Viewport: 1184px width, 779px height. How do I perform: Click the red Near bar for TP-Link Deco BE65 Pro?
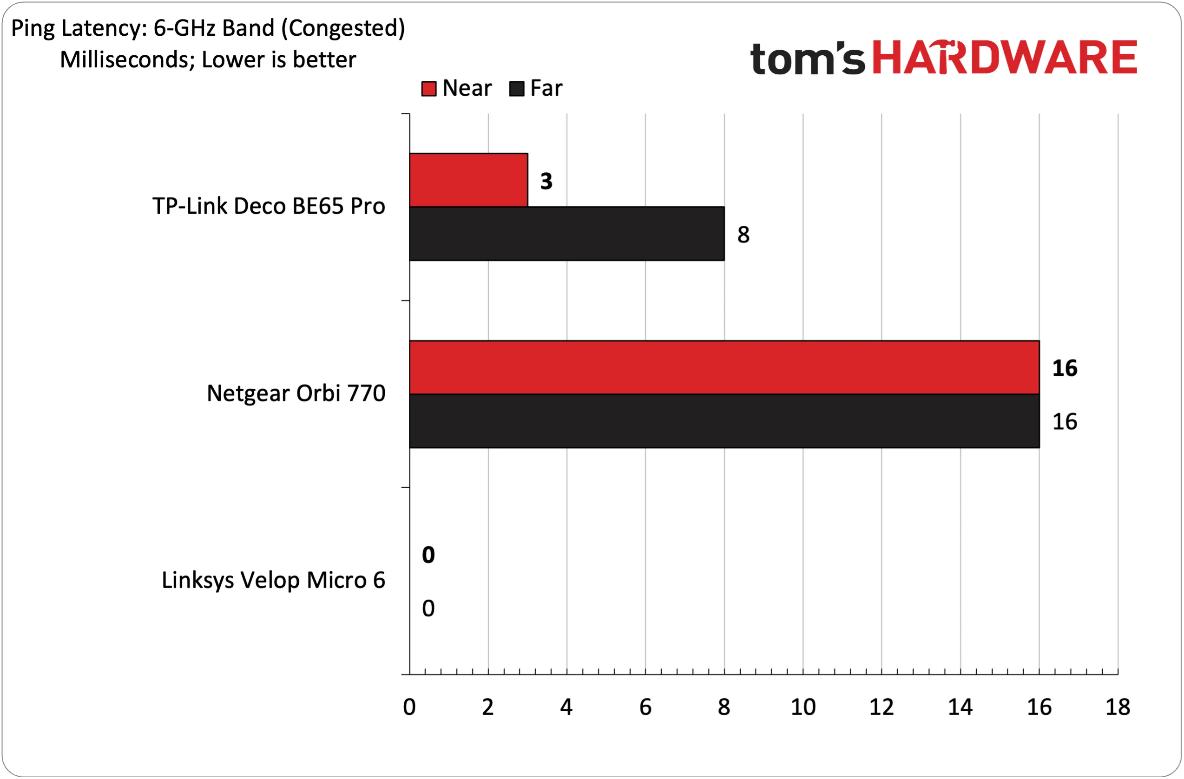coord(468,180)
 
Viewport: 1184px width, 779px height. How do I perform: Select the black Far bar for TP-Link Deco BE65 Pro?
coord(566,234)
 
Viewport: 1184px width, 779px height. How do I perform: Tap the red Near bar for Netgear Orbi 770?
coord(724,367)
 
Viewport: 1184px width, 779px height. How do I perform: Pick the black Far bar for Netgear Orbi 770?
coord(724,421)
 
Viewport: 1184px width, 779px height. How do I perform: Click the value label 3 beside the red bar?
coord(546,181)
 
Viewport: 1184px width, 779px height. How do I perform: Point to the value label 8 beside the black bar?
coord(743,235)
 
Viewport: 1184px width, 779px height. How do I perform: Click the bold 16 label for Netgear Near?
coord(1065,368)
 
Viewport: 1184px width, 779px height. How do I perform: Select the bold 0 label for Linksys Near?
coord(428,555)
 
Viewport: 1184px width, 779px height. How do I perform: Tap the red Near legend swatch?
coord(429,89)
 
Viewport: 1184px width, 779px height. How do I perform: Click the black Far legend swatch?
coord(517,89)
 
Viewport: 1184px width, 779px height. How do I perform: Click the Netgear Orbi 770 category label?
coord(296,393)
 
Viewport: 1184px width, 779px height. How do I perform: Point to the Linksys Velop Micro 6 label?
coord(274,581)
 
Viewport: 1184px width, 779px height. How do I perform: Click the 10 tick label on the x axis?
coord(803,707)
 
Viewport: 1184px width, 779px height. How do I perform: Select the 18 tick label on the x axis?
coord(1118,707)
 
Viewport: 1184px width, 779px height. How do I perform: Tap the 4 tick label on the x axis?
coord(566,707)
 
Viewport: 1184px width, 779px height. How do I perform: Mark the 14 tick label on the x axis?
coord(960,707)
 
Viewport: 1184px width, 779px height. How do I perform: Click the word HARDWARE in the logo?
coord(1005,57)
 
